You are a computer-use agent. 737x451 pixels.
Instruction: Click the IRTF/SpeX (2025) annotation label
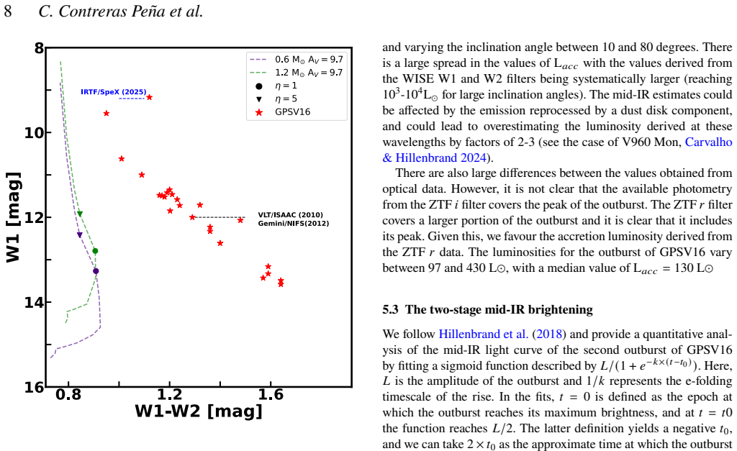point(113,92)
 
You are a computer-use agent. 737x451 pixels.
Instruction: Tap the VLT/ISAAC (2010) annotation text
point(291,214)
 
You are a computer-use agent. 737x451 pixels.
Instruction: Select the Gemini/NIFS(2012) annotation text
point(294,223)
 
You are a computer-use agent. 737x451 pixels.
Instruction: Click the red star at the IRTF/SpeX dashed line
point(150,97)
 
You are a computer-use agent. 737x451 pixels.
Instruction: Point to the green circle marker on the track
point(96,251)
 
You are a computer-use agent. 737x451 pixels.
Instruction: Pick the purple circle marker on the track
point(96,271)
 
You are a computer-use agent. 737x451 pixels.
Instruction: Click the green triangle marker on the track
point(80,214)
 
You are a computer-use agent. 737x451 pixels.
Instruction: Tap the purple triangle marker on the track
point(79,235)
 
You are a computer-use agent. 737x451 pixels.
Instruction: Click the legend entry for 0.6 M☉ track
point(297,60)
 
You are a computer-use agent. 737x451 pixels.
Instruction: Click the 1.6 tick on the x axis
point(271,394)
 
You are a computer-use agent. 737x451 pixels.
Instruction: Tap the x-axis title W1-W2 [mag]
point(199,411)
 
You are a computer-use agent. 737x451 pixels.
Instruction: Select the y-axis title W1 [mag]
point(13,217)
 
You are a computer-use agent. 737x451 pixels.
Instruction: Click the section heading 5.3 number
point(390,309)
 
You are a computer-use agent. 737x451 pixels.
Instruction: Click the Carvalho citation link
point(708,142)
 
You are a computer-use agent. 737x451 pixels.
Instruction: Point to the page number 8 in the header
point(7,11)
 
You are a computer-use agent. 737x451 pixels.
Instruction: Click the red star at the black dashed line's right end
point(240,220)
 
